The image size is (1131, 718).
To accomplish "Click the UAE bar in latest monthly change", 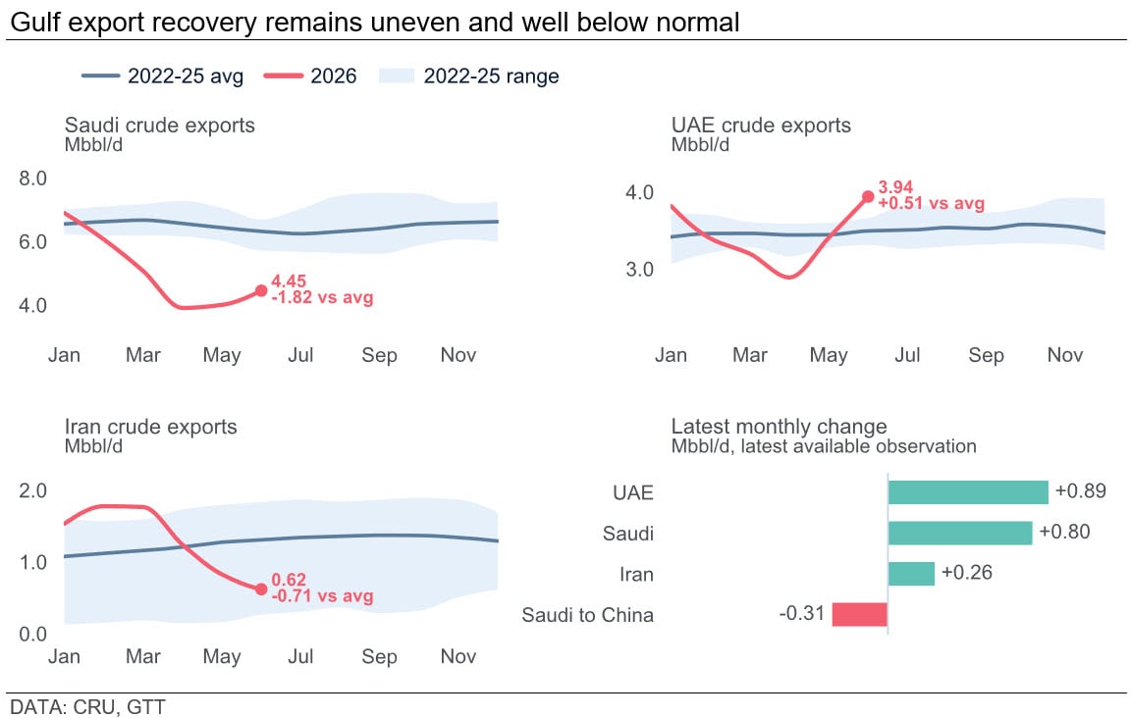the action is [968, 492].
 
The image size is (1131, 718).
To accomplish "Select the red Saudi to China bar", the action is [860, 615].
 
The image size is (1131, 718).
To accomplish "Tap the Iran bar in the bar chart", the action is [912, 574].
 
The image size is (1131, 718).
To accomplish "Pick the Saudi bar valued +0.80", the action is [960, 534].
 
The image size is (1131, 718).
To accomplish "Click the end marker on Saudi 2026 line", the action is [261, 290].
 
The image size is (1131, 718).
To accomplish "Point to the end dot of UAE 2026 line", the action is [868, 197].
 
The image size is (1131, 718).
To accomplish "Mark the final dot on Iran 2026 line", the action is [261, 589].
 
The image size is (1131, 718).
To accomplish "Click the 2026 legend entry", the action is [310, 76].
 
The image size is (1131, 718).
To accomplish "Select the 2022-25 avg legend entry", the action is [162, 76].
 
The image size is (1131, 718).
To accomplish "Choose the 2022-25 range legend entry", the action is [469, 76].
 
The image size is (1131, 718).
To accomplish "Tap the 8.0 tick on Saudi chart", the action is [32, 179].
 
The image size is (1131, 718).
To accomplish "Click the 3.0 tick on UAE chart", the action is [639, 269].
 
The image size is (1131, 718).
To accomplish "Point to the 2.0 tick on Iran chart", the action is [32, 490].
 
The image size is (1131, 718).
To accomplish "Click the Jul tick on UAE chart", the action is [907, 355].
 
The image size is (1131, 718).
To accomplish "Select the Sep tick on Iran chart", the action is [379, 656].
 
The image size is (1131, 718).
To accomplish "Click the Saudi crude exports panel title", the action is [159, 125].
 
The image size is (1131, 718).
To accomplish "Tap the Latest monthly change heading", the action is [779, 426].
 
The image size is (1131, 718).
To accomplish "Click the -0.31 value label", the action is [801, 613].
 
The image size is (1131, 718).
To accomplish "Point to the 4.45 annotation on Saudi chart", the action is [289, 282].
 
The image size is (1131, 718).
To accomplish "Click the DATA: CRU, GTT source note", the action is [87, 706].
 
